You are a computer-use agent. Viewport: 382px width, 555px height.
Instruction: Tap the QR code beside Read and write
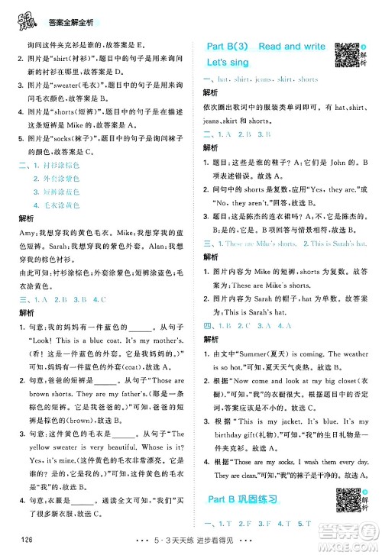point(347,51)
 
